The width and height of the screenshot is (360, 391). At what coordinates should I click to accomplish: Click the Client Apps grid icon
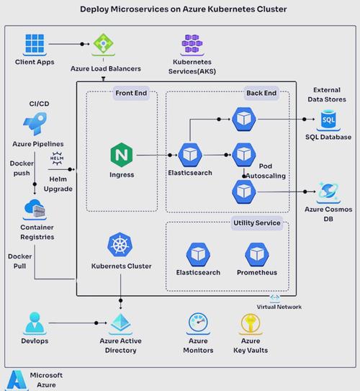point(35,45)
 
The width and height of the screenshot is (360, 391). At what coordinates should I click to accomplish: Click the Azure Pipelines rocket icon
point(35,123)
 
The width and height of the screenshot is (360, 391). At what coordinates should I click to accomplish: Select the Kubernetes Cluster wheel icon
point(120,246)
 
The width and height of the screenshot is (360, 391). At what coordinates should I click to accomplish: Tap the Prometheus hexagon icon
point(257,255)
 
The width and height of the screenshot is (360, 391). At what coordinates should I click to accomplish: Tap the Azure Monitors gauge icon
point(198,323)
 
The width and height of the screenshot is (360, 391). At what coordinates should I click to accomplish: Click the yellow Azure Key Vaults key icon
point(250,323)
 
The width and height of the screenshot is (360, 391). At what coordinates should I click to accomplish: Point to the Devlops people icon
point(35,323)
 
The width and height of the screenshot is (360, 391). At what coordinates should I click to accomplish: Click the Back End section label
point(259,93)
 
